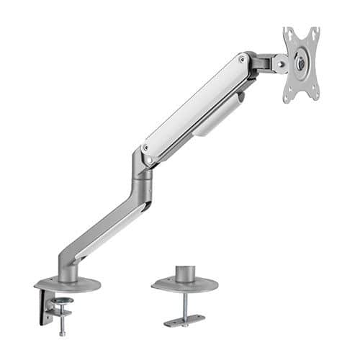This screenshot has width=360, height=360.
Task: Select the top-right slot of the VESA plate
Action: click(314, 33)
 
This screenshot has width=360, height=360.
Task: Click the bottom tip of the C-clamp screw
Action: click(63, 333)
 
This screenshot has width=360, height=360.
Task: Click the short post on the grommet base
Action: click(185, 274)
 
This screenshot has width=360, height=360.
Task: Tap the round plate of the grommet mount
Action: click(185, 286)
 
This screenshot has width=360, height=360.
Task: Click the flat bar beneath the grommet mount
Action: click(184, 319)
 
